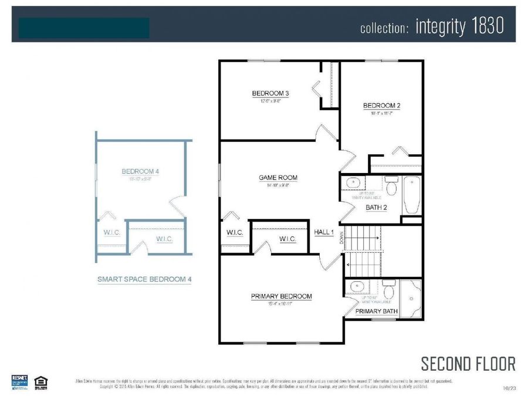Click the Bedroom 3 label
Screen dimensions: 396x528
pyautogui.click(x=270, y=93)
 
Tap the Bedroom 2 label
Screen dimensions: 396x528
pyautogui.click(x=381, y=106)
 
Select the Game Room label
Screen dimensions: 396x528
pyautogui.click(x=278, y=178)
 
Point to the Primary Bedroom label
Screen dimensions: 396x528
pyautogui.click(x=281, y=296)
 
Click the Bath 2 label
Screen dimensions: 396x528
pyautogui.click(x=376, y=207)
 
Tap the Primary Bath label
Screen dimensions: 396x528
pyautogui.click(x=376, y=312)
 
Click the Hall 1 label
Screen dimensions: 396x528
pyautogui.click(x=323, y=233)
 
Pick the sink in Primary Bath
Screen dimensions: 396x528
pyautogui.click(x=355, y=287)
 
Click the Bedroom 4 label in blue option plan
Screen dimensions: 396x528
pyautogui.click(x=140, y=171)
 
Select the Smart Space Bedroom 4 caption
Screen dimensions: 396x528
pyautogui.click(x=144, y=280)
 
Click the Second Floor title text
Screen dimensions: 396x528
pyautogui.click(x=468, y=364)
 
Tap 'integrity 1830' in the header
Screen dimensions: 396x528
pyautogui.click(x=459, y=26)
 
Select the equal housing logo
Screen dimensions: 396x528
pyautogui.click(x=41, y=381)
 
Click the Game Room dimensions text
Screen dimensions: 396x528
pyautogui.click(x=278, y=185)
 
